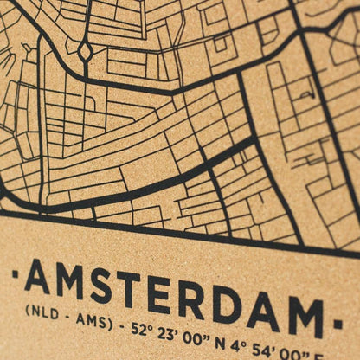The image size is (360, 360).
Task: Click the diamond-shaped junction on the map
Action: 85,51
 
